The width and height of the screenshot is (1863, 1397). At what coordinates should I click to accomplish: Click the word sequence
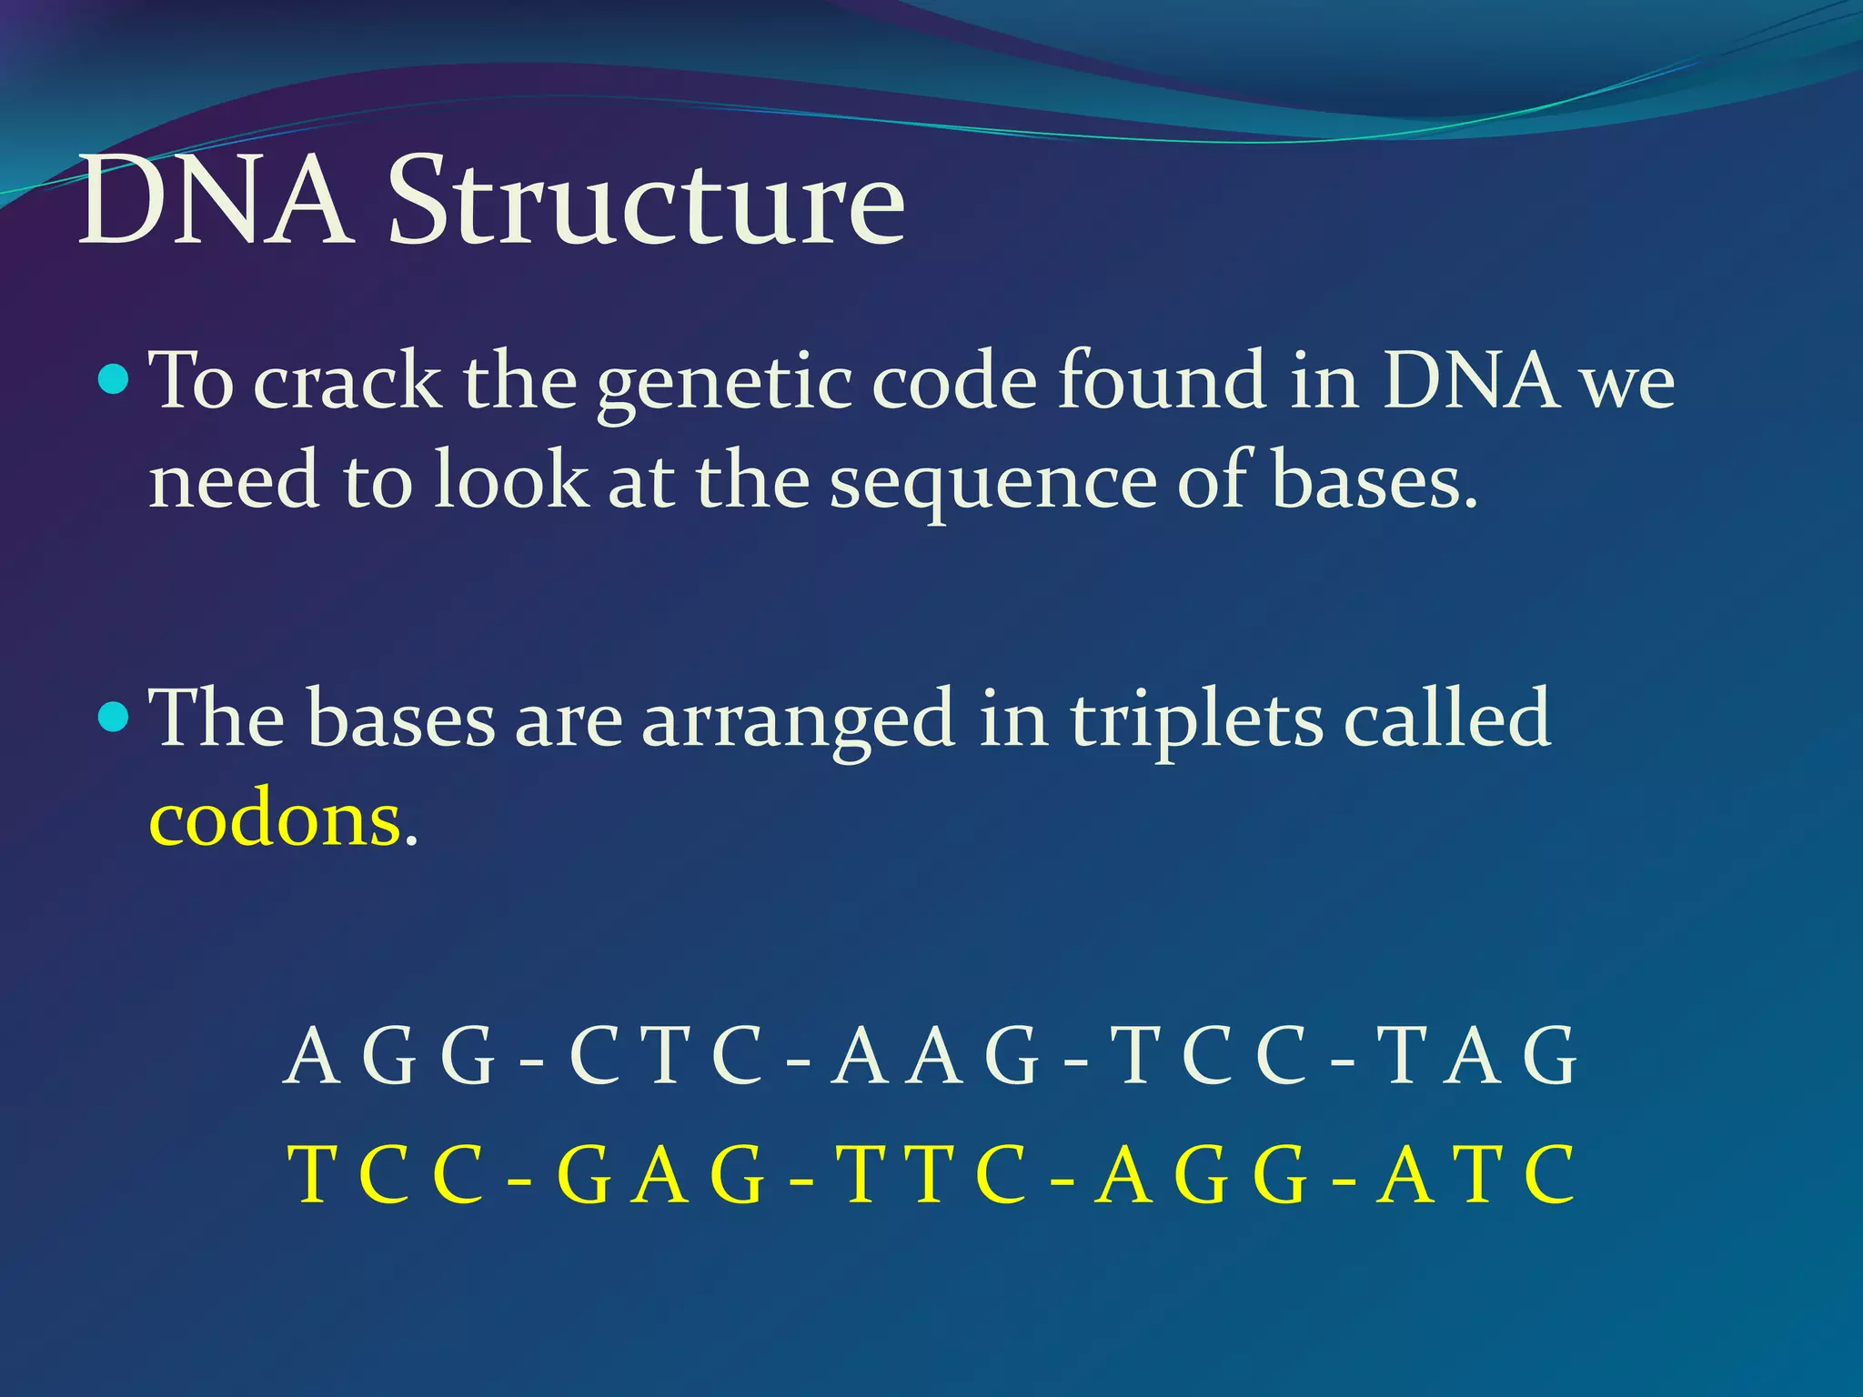tap(993, 482)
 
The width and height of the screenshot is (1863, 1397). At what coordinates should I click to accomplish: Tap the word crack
tap(347, 382)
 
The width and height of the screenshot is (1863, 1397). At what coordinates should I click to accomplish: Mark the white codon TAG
tap(1475, 1057)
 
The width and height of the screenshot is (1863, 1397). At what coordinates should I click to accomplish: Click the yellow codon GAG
tap(660, 1175)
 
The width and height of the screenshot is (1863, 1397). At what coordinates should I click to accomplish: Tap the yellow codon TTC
tap(936, 1175)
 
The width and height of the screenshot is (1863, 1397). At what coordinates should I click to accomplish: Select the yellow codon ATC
tap(1475, 1175)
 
